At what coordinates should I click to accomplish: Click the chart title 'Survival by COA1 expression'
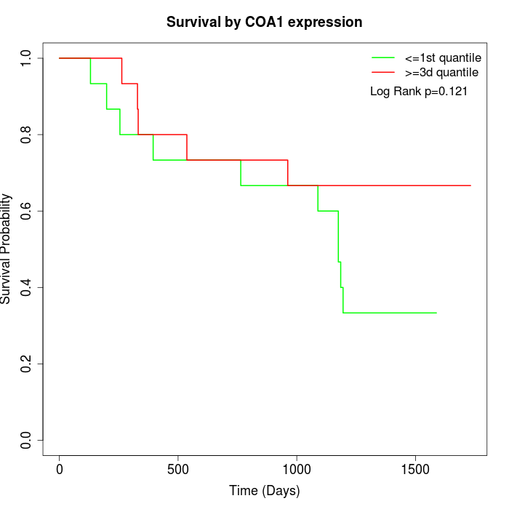264,22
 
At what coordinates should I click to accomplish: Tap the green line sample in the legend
383,57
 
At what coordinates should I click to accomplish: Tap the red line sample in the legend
383,72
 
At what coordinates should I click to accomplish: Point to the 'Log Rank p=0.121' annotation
419,92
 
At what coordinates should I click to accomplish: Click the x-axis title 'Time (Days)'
264,491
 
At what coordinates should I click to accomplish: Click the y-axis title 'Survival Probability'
7,249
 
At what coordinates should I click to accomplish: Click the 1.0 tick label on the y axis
27,58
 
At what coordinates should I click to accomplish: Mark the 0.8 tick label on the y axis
27,135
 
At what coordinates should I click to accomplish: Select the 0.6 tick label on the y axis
27,211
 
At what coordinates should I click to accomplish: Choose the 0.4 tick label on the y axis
27,287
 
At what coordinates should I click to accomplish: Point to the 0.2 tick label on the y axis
27,364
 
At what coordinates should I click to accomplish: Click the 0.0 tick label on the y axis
27,440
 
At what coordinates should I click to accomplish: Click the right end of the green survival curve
436,313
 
